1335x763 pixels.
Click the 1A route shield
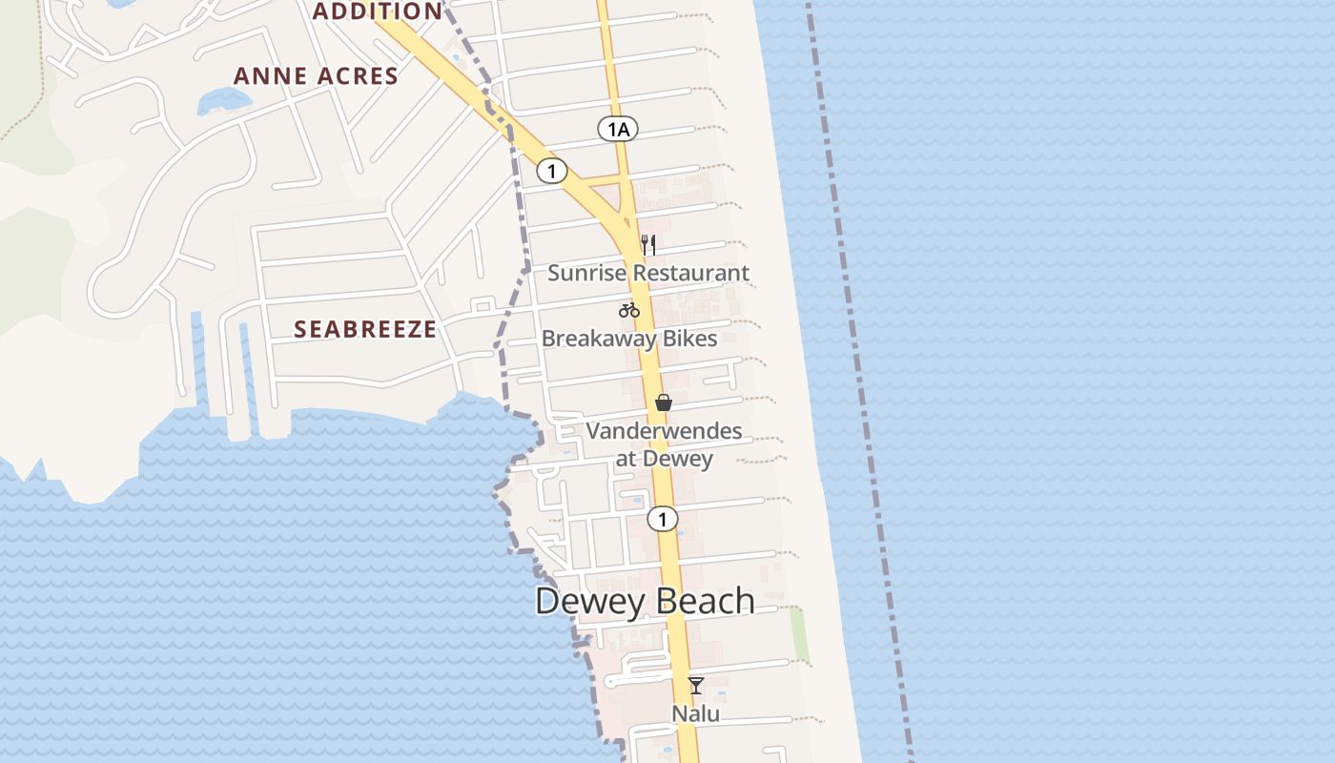618,129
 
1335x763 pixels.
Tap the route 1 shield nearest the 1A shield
551,171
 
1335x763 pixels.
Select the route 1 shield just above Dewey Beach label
662,519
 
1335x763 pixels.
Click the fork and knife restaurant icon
648,244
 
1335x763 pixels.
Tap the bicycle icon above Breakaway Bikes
628,309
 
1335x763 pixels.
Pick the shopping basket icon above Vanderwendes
664,402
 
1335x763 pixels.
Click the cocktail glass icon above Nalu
696,685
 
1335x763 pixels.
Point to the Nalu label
696,713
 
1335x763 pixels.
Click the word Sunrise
587,273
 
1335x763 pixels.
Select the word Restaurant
691,273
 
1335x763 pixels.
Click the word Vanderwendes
664,431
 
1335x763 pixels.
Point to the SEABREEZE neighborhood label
365,330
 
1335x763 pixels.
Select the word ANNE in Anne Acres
268,76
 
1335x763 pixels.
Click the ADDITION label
378,11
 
